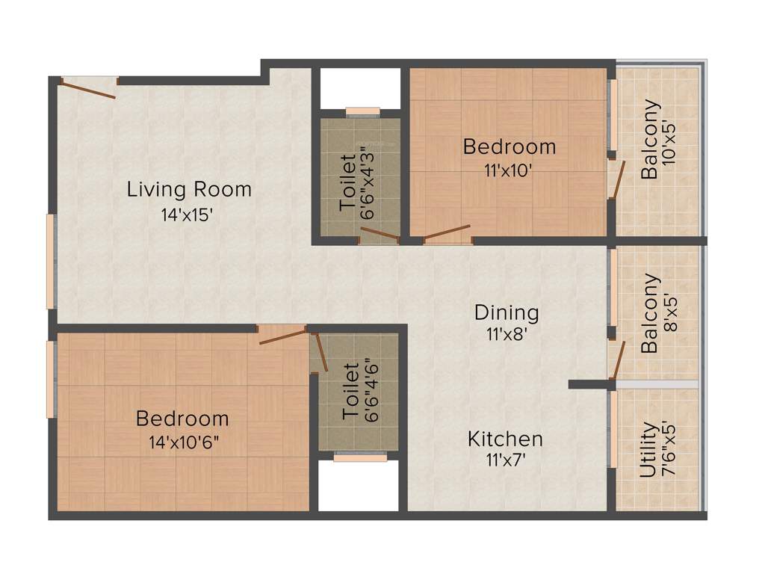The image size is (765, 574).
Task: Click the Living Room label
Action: point(189,189)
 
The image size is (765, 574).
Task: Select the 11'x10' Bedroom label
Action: point(509,146)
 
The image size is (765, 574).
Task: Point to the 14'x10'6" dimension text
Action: point(184,443)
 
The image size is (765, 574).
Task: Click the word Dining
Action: point(507,312)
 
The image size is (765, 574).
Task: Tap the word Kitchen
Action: point(505,439)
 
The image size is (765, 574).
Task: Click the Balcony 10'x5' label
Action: point(651,139)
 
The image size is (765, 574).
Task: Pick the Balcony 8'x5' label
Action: point(651,314)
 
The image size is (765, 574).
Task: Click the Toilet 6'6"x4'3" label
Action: point(349,182)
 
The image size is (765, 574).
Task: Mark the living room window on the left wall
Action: point(51,262)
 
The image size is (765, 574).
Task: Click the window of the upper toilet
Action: point(363,112)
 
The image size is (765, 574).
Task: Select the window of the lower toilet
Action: point(350,457)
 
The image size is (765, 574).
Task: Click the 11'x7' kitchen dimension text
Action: point(505,460)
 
